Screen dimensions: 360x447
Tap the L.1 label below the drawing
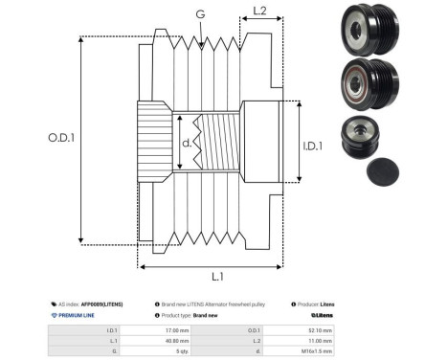coord(216,277)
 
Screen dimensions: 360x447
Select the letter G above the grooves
coord(199,14)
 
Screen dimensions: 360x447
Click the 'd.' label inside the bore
coord(188,144)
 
